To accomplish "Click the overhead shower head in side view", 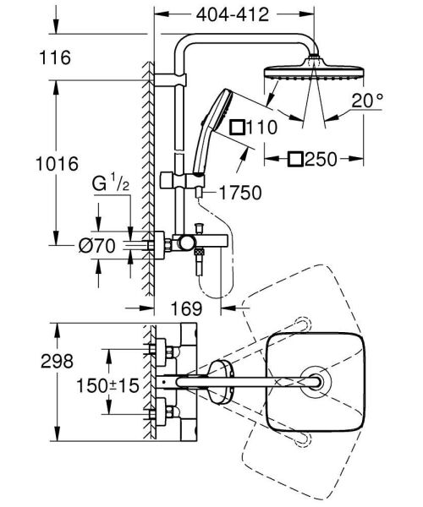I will (x=315, y=70).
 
